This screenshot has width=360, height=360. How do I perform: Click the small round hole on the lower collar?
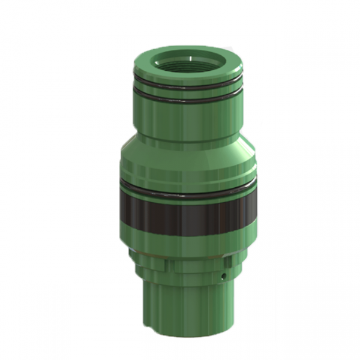tap(223, 277)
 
